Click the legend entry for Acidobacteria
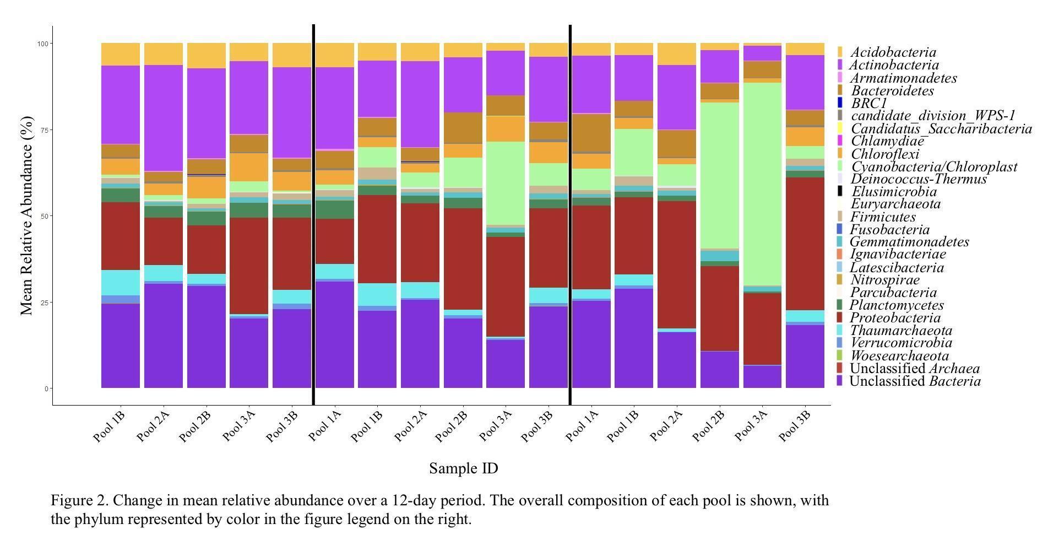click(x=892, y=52)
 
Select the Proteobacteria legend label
click(x=895, y=318)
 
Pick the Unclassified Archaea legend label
click(x=915, y=369)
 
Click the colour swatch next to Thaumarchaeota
click(x=839, y=331)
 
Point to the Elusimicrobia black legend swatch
click(x=839, y=192)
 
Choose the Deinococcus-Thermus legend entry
click(x=918, y=179)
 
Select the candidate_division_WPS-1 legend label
click(x=932, y=116)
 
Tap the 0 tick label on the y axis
click(x=47, y=388)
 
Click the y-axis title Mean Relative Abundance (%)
click(x=27, y=215)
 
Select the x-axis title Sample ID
click(x=463, y=468)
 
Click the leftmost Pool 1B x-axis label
click(x=110, y=426)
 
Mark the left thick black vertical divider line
click(x=313, y=215)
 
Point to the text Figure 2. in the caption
click(x=79, y=500)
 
